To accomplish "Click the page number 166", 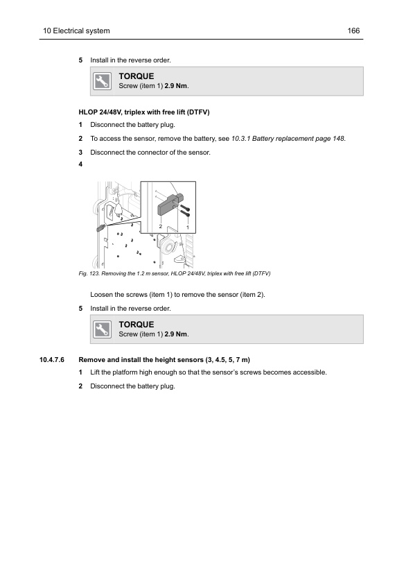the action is [353, 31].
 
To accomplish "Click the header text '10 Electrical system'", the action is [76, 31].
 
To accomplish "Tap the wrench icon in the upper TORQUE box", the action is [103, 81].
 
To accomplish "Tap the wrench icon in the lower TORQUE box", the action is [103, 329].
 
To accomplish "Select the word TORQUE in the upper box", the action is [137, 76].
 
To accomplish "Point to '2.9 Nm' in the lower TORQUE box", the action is [176, 334].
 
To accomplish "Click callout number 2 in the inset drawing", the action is [160, 226].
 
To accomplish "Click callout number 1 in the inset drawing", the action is [188, 227].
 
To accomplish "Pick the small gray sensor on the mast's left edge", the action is [101, 227].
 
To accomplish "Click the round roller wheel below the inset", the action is [168, 246].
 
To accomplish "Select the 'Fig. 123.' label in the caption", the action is [89, 273].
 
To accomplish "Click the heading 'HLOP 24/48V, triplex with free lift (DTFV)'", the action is [144, 112].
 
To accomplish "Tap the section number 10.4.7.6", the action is [52, 360].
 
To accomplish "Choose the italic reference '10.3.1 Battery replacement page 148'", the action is [288, 139].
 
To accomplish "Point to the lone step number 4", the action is [80, 164].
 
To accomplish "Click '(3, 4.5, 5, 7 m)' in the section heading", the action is [227, 360].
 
